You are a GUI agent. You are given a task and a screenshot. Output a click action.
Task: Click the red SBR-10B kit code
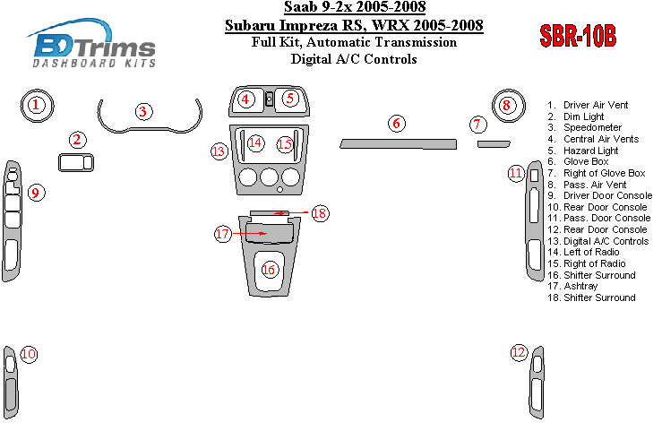[578, 36]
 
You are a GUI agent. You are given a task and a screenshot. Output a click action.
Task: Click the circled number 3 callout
[143, 112]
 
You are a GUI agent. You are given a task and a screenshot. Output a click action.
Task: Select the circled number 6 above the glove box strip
[397, 124]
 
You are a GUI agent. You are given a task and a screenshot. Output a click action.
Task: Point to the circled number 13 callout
[219, 151]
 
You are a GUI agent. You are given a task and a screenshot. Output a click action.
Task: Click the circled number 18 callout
[320, 213]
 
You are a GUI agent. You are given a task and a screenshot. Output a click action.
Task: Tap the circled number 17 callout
[223, 234]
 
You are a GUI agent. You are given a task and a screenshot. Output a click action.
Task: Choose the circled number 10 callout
[29, 354]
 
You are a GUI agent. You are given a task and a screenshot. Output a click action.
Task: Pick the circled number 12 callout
[519, 352]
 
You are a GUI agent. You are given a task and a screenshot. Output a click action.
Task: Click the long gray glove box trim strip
[398, 144]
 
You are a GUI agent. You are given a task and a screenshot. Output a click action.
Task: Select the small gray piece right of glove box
[494, 144]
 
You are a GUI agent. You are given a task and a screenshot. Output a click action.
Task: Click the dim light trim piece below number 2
[76, 162]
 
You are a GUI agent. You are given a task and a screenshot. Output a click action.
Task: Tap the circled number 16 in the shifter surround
[269, 270]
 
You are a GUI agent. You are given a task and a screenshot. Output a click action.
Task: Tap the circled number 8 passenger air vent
[507, 106]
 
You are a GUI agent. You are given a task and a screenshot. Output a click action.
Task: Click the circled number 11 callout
[516, 174]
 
